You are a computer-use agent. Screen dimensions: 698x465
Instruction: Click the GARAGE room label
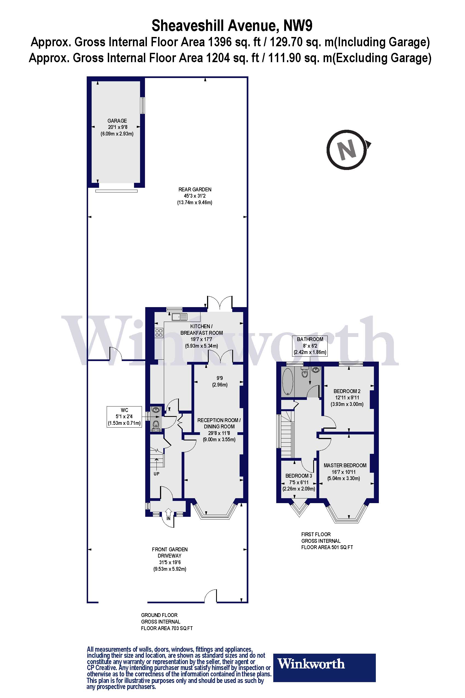click(117, 121)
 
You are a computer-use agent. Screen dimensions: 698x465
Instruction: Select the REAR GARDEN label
click(194, 189)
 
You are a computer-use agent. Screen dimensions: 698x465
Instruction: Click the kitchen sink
click(179, 317)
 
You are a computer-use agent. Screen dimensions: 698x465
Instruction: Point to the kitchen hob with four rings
click(159, 333)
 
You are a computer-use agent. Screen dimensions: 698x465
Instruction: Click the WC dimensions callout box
click(124, 417)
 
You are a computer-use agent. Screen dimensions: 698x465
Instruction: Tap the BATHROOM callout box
click(310, 346)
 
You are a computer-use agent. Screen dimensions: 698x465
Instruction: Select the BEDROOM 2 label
click(347, 391)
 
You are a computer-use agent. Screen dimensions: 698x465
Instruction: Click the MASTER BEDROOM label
click(345, 465)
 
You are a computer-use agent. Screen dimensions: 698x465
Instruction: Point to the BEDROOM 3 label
click(298, 476)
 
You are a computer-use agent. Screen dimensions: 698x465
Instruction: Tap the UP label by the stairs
click(156, 474)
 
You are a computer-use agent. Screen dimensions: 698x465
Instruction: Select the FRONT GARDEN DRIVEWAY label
click(170, 553)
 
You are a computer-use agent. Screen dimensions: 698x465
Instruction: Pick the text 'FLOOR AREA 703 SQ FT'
click(167, 628)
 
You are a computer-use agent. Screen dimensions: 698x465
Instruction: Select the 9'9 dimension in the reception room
click(219, 378)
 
